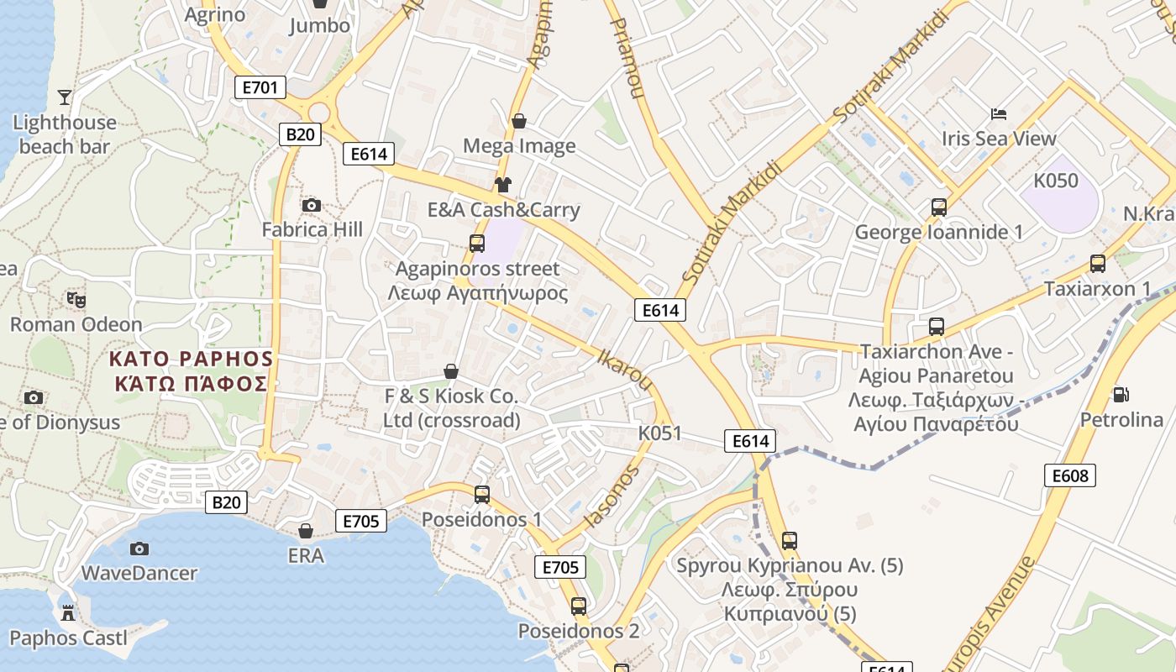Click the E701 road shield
tap(260, 87)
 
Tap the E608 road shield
tap(1070, 475)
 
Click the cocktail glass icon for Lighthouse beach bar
tap(65, 97)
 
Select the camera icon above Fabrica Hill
tap(312, 205)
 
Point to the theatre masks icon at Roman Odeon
tap(76, 299)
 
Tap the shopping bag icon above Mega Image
tap(519, 121)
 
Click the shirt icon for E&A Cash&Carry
tap(503, 185)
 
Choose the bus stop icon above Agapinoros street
tap(477, 244)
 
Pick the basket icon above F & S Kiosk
tap(451, 371)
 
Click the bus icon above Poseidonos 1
tap(482, 495)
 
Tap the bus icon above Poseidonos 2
tap(579, 606)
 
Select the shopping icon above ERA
tap(306, 531)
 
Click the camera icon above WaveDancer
tap(139, 549)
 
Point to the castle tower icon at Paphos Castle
tap(68, 613)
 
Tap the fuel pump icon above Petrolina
tap(1121, 394)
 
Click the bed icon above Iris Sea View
tap(998, 113)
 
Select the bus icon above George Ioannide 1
tap(939, 207)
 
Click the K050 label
tap(1056, 181)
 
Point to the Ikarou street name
tap(623, 369)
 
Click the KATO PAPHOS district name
tap(192, 360)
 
